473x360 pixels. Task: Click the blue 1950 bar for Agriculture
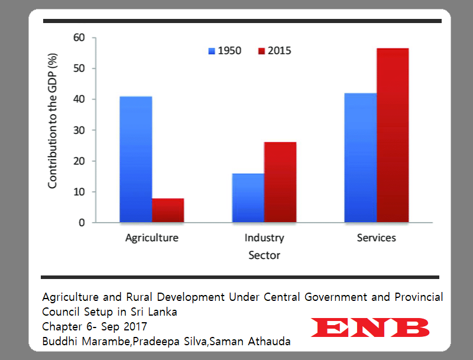(x=135, y=160)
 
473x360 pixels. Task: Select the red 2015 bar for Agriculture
(x=167, y=210)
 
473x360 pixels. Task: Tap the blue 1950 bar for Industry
(x=248, y=198)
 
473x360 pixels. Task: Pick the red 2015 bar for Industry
(x=280, y=183)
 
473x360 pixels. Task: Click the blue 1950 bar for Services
(x=360, y=158)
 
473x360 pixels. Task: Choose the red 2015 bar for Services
(x=392, y=135)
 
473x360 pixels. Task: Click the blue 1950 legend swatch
(x=211, y=51)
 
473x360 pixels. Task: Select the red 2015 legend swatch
(x=261, y=51)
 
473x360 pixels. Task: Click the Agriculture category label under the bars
(x=152, y=238)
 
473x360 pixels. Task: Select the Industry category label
(x=264, y=238)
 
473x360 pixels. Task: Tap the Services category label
(x=377, y=238)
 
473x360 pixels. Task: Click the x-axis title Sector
(x=264, y=256)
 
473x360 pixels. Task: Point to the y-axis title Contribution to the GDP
(x=53, y=130)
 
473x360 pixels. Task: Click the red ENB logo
(x=370, y=327)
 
